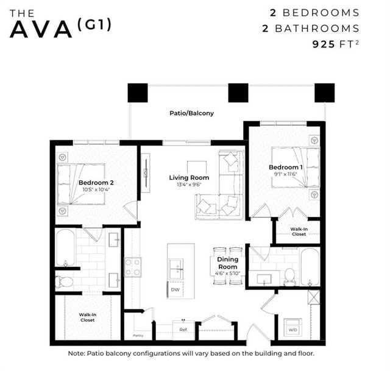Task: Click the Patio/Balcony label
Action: [191, 113]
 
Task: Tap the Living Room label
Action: [189, 178]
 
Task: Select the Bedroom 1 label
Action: [286, 167]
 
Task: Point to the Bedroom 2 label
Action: [96, 182]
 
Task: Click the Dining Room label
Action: [228, 263]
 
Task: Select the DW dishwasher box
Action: [175, 290]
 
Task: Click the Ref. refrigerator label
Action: [183, 330]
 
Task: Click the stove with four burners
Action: [133, 267]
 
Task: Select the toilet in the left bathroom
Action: [64, 281]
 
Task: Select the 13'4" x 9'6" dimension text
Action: [189, 185]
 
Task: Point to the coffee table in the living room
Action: [196, 167]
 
